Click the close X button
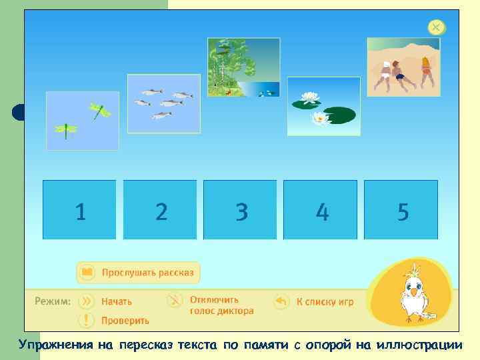(435, 27)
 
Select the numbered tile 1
(79, 210)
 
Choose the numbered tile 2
(160, 210)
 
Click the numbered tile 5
(401, 210)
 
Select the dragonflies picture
(82, 121)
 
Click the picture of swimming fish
(163, 103)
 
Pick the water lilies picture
(323, 107)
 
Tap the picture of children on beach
(403, 67)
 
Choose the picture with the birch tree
(243, 67)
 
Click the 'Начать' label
(117, 301)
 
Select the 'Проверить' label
(125, 321)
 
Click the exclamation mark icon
(86, 320)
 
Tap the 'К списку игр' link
(325, 301)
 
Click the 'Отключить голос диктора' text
(221, 305)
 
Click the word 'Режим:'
(53, 301)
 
